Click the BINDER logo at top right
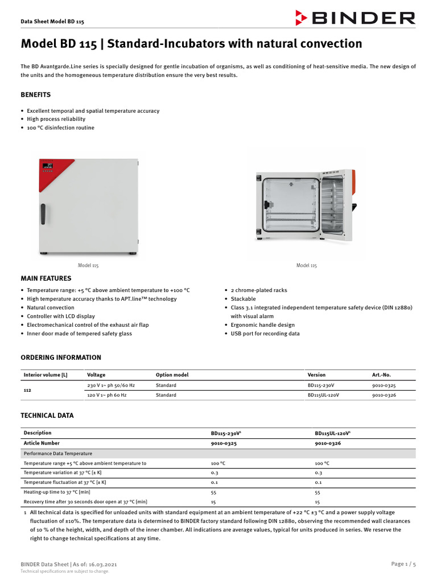tap(356, 18)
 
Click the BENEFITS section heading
tap(36, 95)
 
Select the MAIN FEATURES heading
tap(46, 278)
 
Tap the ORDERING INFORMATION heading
tap(61, 358)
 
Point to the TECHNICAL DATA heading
tap(47, 416)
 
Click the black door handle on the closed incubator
tap(43, 213)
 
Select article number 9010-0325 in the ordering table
tap(384, 385)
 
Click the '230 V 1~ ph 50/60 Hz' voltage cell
tap(111, 385)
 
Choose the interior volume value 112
tap(27, 391)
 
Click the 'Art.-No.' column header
tap(381, 375)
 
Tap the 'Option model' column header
tap(172, 375)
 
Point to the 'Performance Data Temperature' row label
tap(57, 454)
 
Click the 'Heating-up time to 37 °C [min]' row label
tap(57, 492)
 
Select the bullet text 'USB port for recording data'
tap(265, 334)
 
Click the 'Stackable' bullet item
tap(244, 299)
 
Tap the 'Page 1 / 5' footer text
tap(403, 564)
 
